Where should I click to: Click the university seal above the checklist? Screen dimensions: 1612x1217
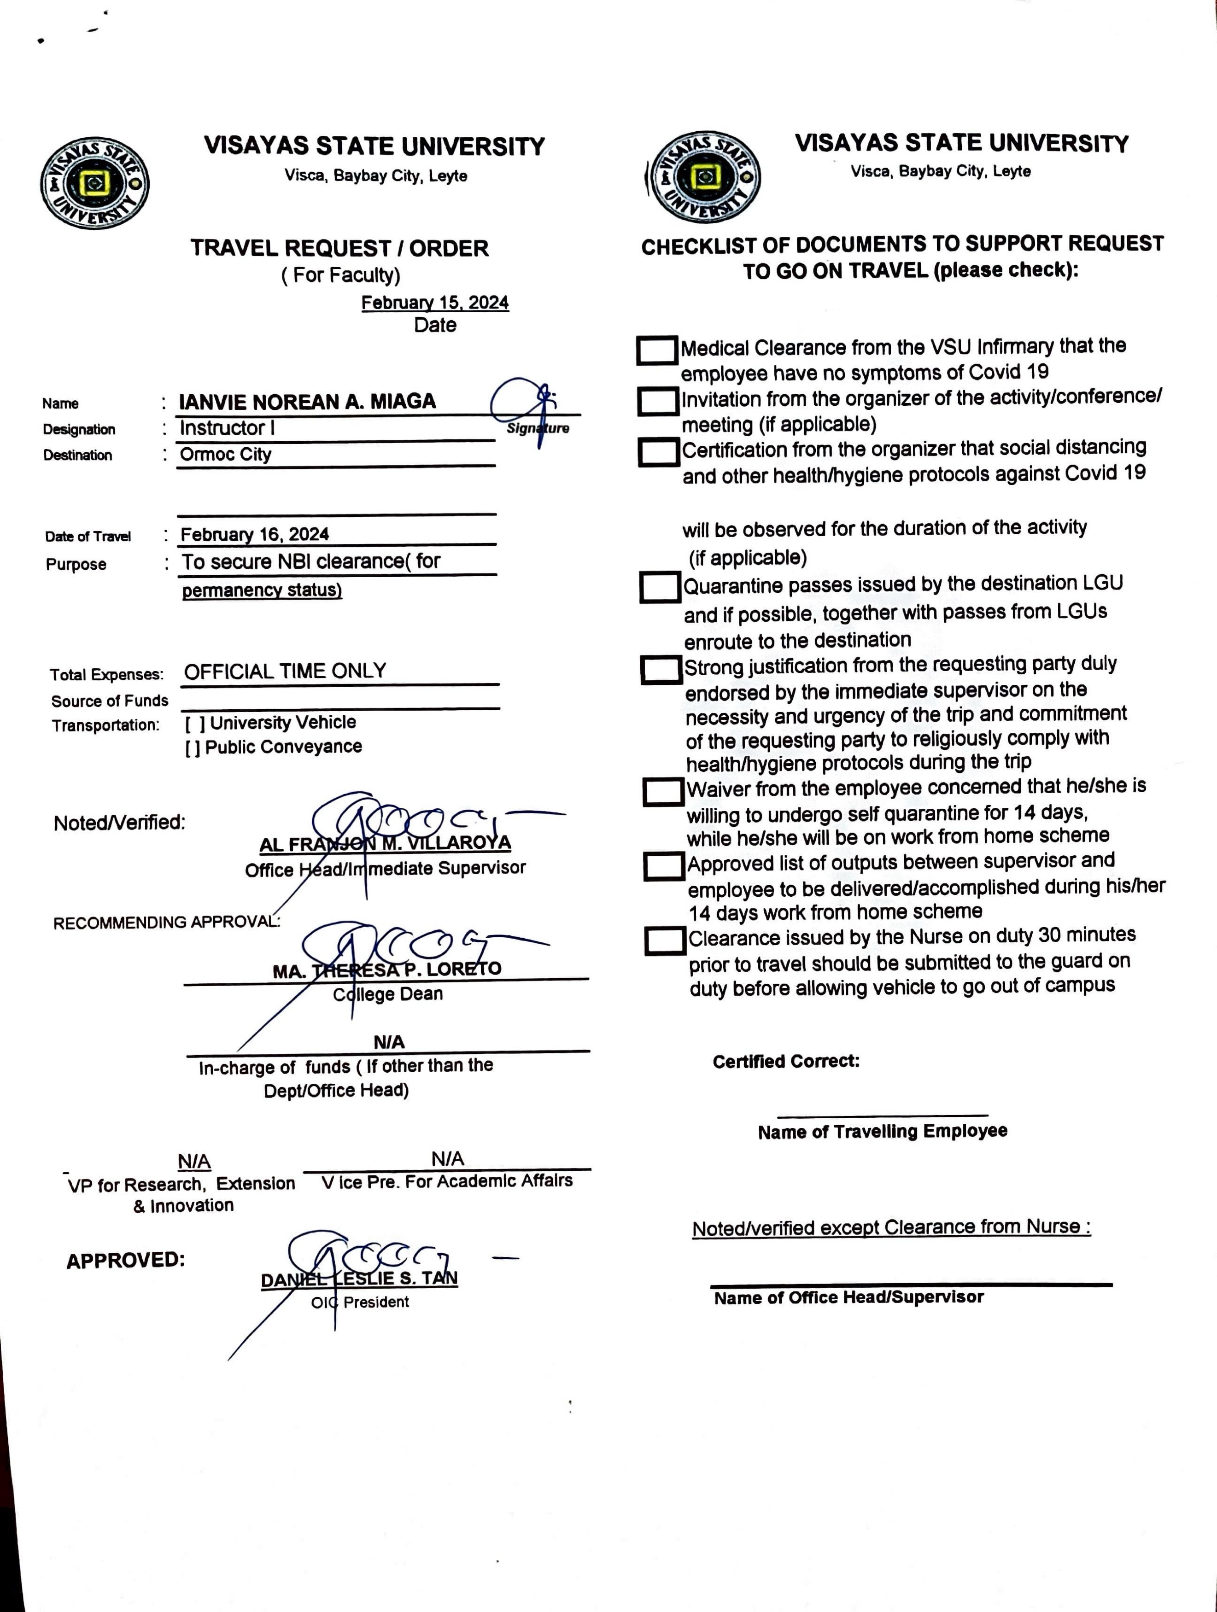[704, 177]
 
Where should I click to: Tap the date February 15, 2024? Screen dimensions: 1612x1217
[434, 303]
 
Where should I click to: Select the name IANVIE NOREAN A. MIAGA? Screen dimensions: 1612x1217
[307, 402]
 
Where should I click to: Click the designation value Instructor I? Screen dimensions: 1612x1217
[227, 428]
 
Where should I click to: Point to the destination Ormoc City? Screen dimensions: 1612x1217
[225, 454]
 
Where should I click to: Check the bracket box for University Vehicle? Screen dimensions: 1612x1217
[194, 723]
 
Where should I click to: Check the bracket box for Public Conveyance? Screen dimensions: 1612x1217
[193, 748]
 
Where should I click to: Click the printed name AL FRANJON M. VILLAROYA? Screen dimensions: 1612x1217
[385, 844]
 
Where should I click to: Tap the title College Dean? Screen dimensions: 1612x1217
[388, 994]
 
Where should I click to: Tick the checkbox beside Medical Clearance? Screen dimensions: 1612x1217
[656, 350]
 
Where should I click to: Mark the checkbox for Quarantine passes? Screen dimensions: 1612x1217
[660, 587]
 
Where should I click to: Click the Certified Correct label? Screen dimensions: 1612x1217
[785, 1061]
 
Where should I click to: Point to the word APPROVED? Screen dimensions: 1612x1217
[125, 1260]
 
